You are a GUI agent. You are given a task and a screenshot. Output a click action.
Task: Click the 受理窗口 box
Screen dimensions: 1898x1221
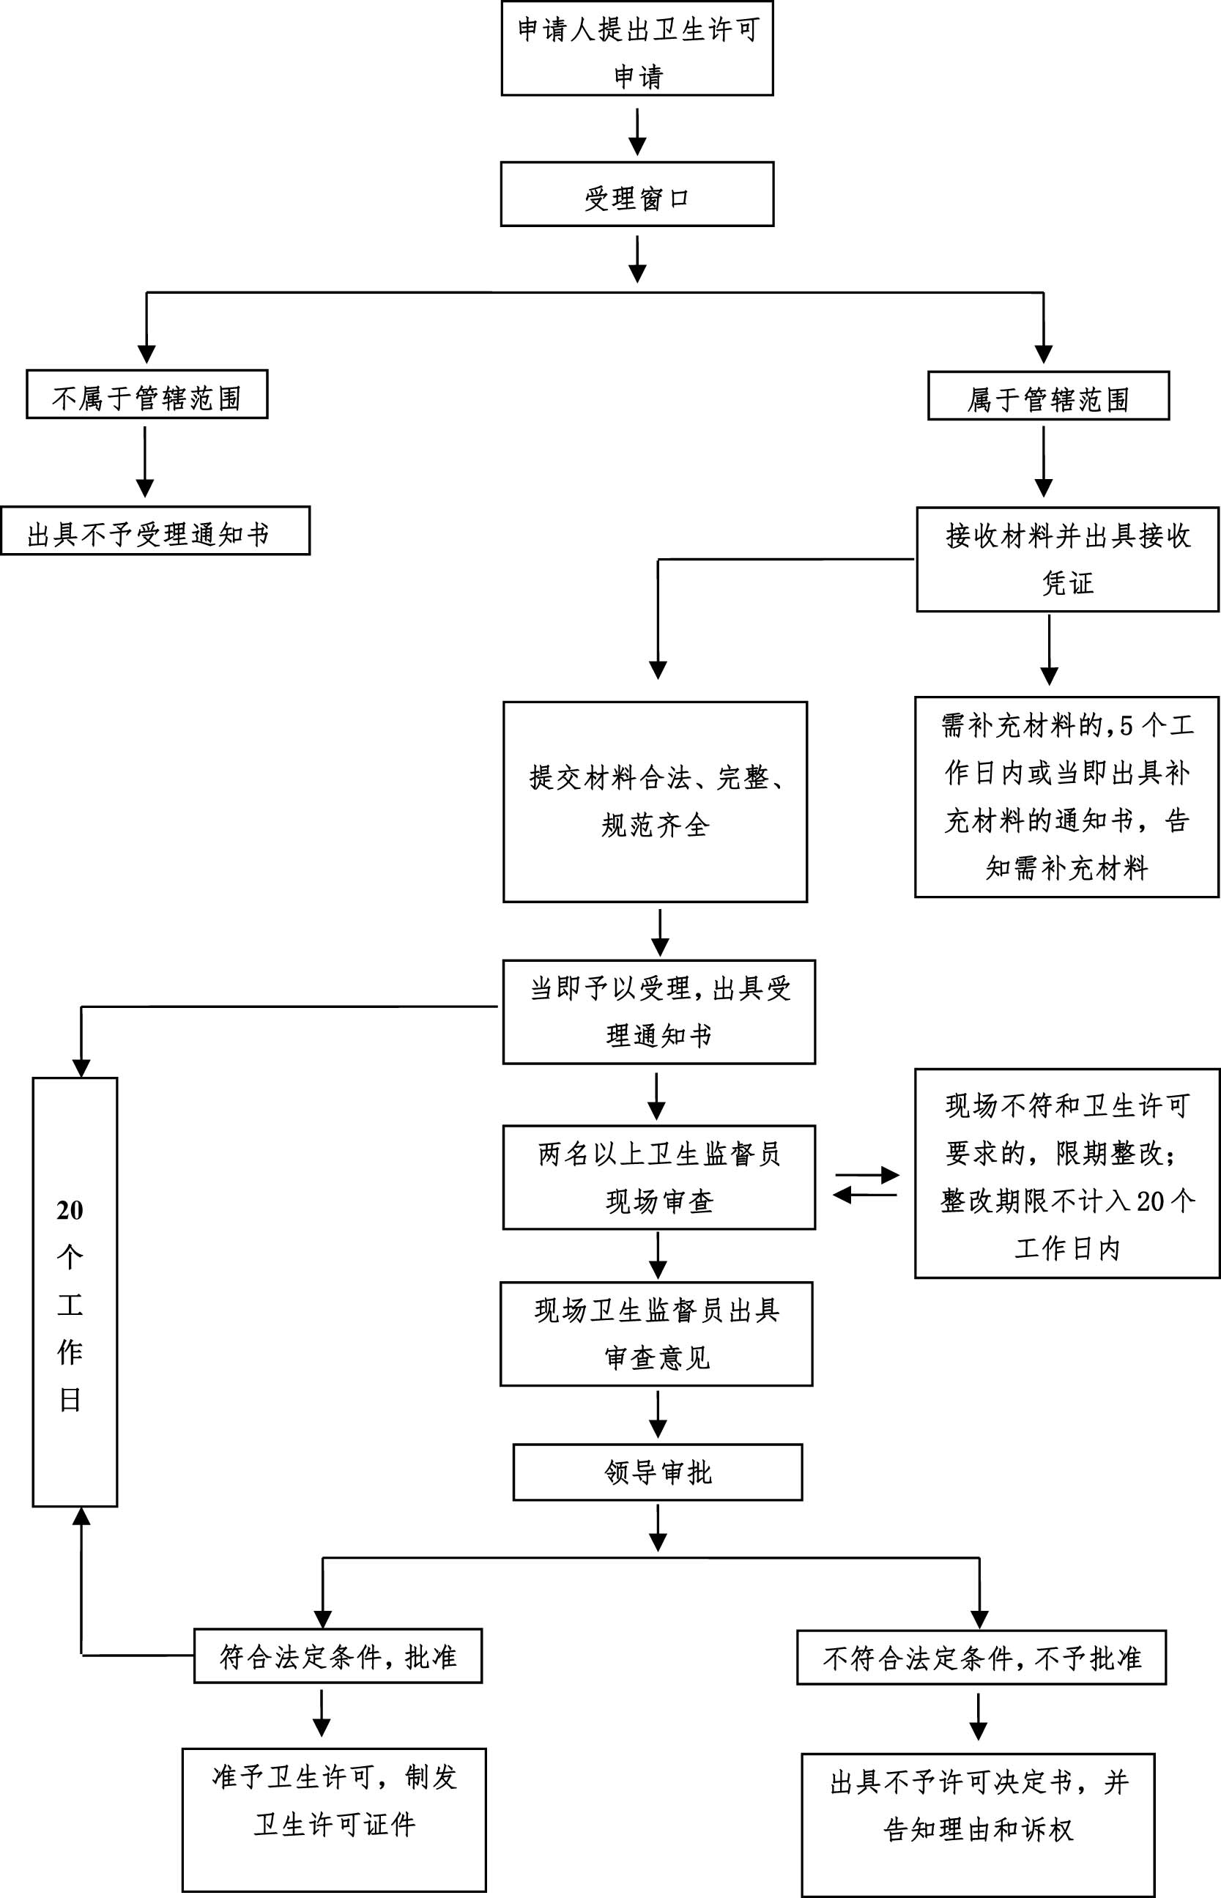point(637,195)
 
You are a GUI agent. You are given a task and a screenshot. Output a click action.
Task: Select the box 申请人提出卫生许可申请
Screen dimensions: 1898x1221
point(637,49)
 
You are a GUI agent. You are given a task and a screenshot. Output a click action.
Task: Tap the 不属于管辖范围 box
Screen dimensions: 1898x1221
point(146,395)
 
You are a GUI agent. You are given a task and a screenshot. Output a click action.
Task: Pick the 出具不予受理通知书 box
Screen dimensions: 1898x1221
point(155,531)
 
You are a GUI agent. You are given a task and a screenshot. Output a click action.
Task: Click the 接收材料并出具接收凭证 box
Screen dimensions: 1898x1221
point(1067,560)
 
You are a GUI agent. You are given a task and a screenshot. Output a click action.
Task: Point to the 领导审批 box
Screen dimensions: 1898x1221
point(657,1472)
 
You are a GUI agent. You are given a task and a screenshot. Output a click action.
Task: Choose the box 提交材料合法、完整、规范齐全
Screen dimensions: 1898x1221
point(655,801)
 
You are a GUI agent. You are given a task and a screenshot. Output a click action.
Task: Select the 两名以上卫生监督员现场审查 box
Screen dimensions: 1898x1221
point(659,1177)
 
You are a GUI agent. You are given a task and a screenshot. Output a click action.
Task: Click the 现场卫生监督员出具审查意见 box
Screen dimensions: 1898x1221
point(656,1333)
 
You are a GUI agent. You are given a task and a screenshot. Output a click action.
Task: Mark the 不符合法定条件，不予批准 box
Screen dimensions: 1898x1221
point(981,1658)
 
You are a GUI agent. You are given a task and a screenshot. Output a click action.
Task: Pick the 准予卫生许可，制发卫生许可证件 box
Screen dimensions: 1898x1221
point(334,1820)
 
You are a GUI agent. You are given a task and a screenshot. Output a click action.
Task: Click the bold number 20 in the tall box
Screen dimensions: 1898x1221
point(70,1211)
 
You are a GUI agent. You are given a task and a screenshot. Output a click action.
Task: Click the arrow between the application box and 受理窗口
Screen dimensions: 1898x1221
point(637,132)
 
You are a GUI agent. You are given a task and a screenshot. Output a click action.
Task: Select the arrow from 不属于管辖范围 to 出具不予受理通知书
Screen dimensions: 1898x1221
point(145,461)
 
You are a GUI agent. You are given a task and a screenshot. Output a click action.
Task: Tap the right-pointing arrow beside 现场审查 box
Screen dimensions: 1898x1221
point(866,1175)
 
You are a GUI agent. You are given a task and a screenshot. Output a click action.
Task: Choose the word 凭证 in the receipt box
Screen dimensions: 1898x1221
point(1067,584)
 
